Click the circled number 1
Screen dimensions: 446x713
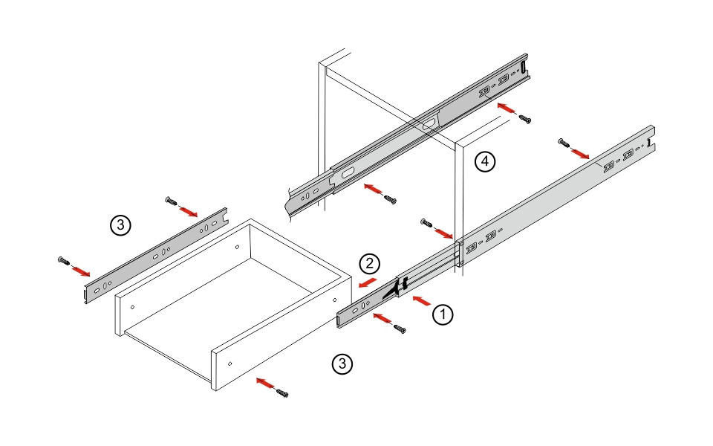(x=442, y=314)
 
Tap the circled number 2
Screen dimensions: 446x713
(x=369, y=263)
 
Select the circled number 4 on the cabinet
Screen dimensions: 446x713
(x=484, y=161)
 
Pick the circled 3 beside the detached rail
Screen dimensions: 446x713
(x=120, y=225)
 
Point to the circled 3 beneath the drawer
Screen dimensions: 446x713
(x=341, y=363)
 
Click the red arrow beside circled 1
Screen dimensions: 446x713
(x=420, y=301)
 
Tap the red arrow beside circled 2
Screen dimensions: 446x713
(x=365, y=284)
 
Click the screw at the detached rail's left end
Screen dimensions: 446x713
(x=62, y=260)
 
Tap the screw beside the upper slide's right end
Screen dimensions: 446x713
(x=525, y=118)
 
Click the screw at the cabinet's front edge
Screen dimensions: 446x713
(x=426, y=222)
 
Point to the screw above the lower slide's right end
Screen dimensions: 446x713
(x=562, y=141)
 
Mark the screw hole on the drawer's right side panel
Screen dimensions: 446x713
(x=229, y=363)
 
